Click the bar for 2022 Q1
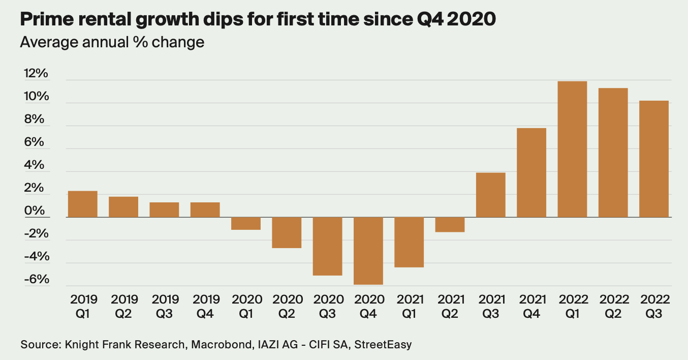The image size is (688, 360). [572, 149]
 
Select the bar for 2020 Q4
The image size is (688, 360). [368, 251]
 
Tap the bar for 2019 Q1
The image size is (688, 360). [82, 204]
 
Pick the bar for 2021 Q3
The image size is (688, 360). [490, 195]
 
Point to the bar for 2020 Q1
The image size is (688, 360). [246, 224]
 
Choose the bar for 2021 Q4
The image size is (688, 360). [531, 172]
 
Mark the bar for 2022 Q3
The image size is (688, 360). [654, 159]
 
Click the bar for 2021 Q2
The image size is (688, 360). [450, 225]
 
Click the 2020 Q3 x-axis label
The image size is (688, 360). [328, 307]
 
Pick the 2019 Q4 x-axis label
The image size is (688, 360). [205, 307]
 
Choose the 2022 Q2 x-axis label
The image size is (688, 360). [613, 307]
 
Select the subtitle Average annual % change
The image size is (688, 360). [112, 42]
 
